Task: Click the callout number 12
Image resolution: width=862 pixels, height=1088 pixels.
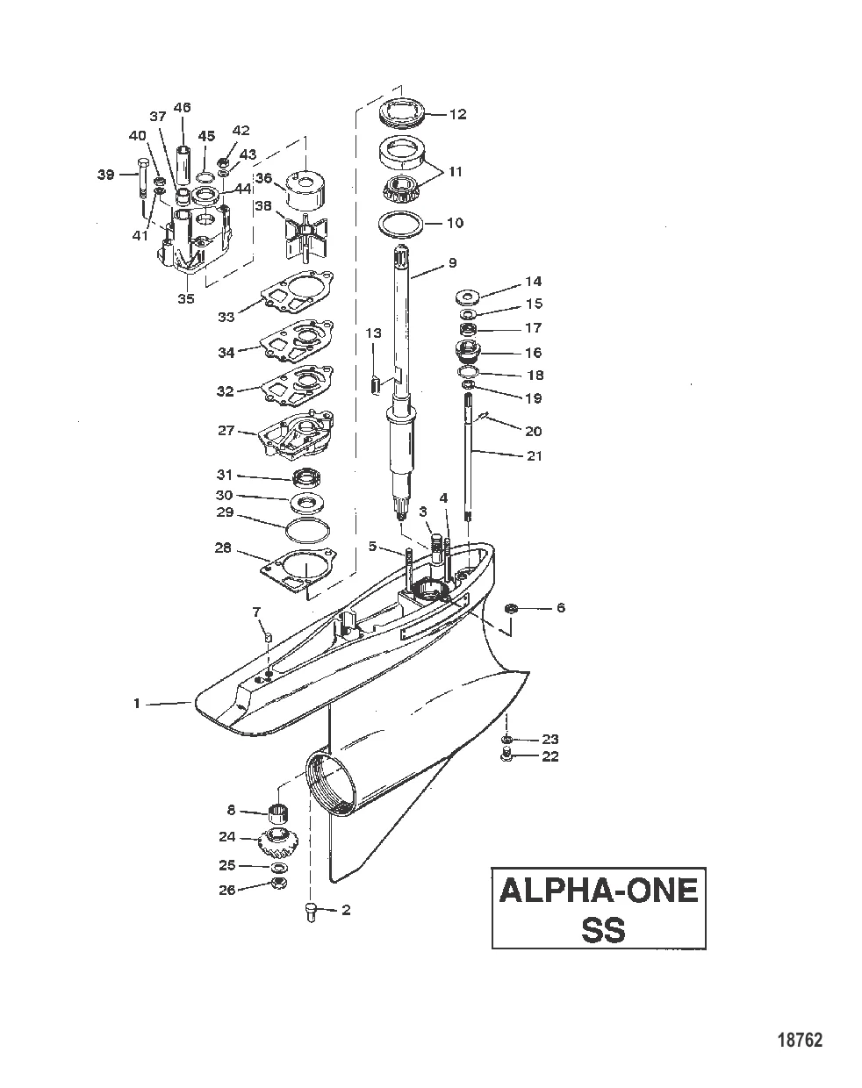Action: pos(457,114)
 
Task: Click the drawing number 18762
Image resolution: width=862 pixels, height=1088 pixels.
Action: pos(800,1041)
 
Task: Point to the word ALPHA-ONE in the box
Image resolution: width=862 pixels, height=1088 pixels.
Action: pos(599,891)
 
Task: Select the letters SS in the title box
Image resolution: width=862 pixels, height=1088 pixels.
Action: pos(603,929)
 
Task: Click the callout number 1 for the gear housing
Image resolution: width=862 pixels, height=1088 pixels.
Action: pos(136,703)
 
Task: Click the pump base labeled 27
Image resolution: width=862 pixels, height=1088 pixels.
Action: pos(296,435)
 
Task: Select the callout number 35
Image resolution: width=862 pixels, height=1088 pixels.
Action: pos(185,298)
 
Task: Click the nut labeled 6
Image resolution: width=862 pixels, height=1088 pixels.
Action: pos(512,608)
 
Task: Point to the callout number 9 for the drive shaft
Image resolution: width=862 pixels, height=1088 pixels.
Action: pos(452,261)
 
